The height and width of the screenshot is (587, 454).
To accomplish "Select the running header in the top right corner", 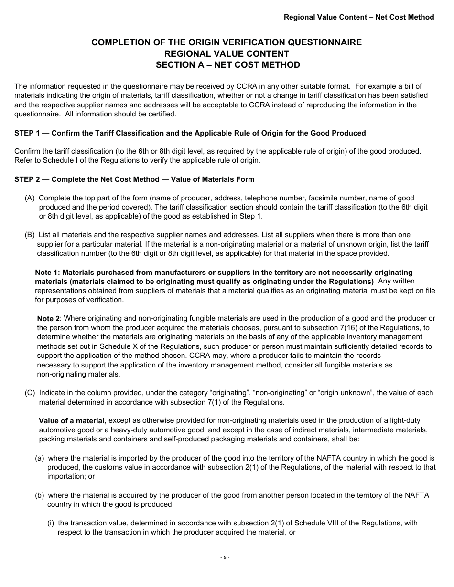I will click(359, 17).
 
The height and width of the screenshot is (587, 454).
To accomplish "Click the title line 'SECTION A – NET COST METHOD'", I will click(227, 65).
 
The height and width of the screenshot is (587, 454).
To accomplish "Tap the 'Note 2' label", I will click(49, 319).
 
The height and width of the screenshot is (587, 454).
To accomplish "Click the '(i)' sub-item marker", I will click(51, 523).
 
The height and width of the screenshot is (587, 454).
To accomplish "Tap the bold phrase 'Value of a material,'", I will click(73, 420).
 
